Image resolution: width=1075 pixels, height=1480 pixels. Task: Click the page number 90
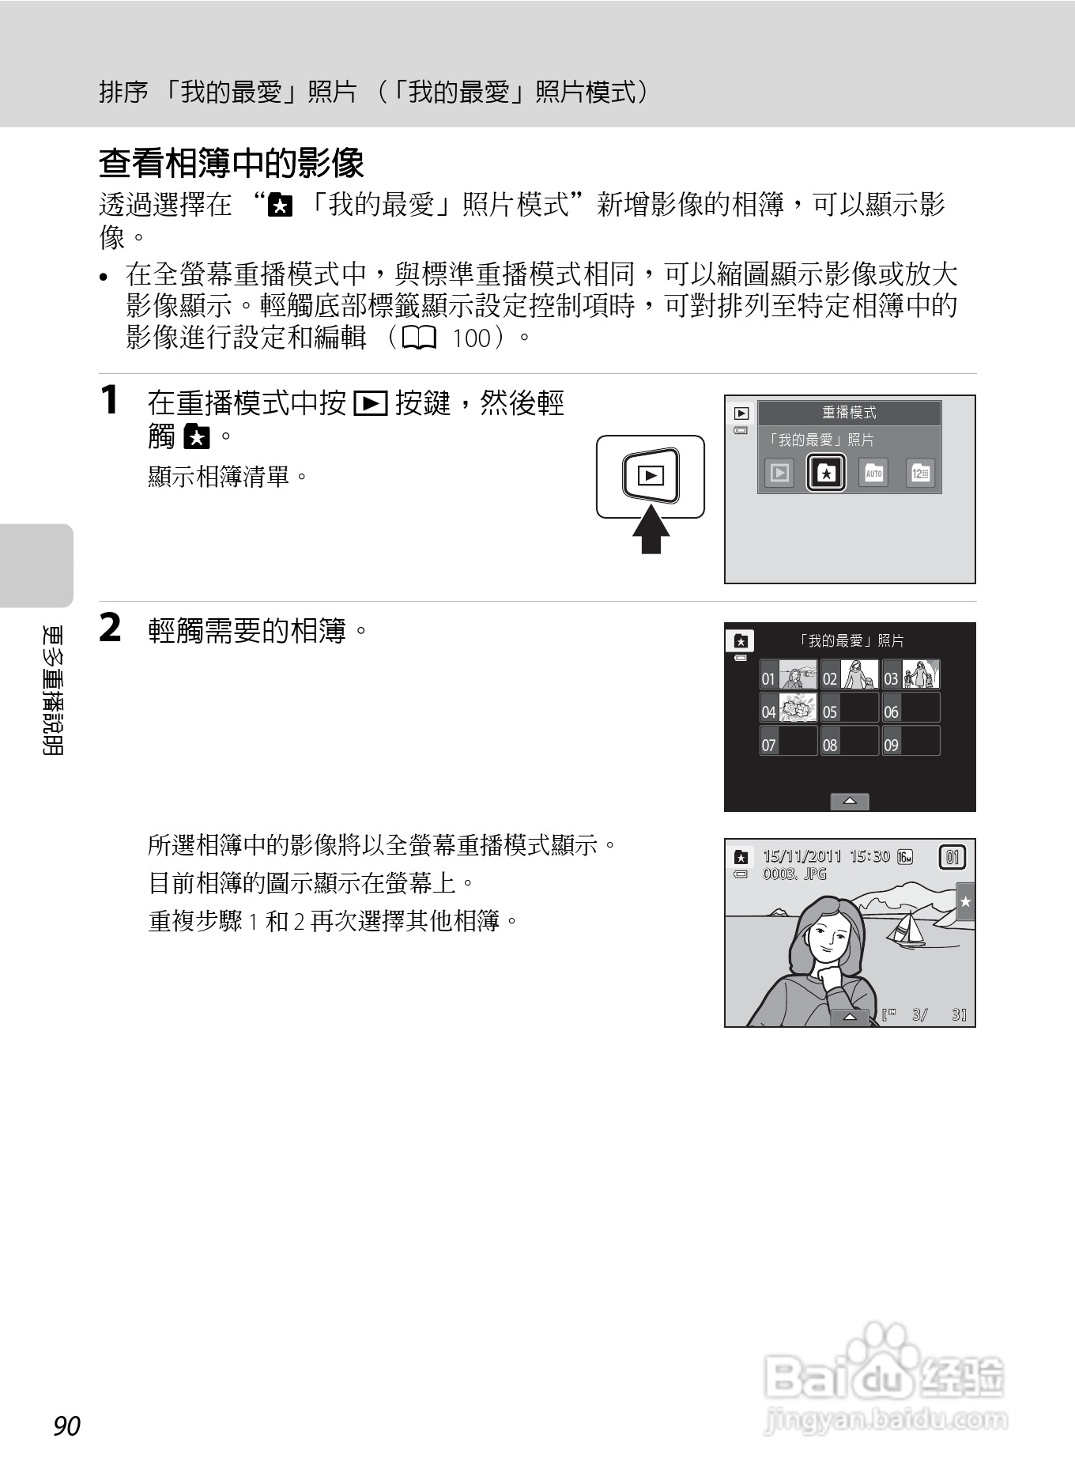coord(67,1425)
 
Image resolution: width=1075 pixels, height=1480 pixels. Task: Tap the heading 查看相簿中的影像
coord(231,164)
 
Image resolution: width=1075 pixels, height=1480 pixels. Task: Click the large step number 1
coord(109,399)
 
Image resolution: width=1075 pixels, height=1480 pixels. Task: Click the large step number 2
coord(110,629)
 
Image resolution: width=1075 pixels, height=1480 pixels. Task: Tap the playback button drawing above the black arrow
coord(651,476)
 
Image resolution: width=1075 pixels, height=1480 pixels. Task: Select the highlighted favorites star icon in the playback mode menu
coord(826,473)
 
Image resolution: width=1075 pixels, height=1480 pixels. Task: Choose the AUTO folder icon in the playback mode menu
coord(873,473)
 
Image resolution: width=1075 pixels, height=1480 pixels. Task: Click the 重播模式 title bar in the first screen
coord(849,413)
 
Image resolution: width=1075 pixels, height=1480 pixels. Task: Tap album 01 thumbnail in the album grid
coord(788,675)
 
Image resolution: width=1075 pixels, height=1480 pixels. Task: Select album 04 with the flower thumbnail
coord(788,708)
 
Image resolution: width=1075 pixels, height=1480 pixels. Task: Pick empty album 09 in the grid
coord(911,742)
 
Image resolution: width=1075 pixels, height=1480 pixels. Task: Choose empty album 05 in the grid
coord(850,708)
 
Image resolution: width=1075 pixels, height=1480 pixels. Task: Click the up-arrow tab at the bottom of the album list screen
coord(850,802)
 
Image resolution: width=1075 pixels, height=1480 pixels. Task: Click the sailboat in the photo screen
coord(907,929)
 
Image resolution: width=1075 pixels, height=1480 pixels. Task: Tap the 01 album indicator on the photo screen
coord(952,857)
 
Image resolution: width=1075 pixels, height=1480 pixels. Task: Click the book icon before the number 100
coord(419,339)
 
